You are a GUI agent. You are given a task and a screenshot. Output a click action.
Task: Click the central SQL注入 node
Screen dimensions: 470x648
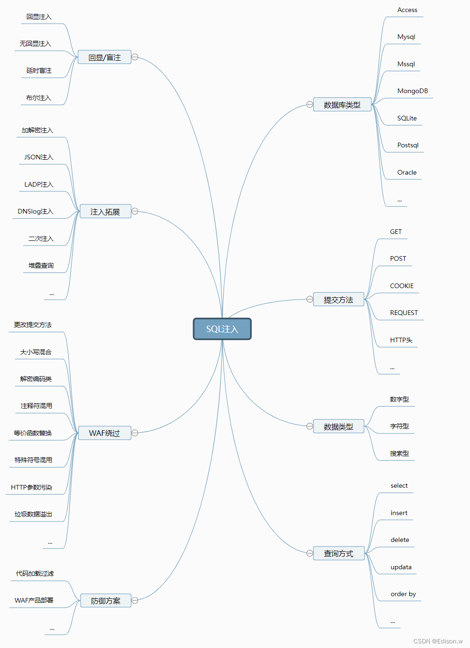click(222, 329)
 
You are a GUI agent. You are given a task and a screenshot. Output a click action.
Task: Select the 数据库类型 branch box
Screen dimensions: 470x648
click(342, 105)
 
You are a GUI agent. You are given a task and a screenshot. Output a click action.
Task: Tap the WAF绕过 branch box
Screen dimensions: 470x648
click(105, 433)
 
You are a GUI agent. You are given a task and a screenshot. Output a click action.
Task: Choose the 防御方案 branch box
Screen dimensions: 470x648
click(106, 601)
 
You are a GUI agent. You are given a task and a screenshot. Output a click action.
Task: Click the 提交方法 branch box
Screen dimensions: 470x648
click(338, 300)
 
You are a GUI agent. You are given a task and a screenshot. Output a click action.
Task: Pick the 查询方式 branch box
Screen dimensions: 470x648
click(338, 554)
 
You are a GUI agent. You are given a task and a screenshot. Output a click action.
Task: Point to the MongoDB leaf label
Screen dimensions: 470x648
click(413, 91)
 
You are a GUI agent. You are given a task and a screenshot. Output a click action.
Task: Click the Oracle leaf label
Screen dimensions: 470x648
click(407, 172)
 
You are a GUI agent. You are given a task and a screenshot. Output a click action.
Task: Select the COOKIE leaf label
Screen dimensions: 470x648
click(402, 286)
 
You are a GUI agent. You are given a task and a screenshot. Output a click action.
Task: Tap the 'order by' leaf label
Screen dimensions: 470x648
click(403, 594)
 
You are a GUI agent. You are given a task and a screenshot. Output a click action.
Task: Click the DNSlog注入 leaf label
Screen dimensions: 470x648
click(36, 211)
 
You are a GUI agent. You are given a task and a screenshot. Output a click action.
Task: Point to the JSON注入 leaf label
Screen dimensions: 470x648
click(39, 157)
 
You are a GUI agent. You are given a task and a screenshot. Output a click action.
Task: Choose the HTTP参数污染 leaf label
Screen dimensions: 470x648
click(31, 487)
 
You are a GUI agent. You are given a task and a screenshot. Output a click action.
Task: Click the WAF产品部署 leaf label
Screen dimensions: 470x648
click(34, 600)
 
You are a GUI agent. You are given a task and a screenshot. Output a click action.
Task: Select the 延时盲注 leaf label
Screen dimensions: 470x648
click(39, 70)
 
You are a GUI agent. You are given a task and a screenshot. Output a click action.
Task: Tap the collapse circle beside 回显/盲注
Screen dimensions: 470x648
click(135, 57)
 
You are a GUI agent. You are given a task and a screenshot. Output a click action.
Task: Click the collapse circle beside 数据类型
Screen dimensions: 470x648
click(310, 426)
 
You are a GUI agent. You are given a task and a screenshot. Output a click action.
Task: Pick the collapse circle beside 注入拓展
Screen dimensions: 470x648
click(135, 211)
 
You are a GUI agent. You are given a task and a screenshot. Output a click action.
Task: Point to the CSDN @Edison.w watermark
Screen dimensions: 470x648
click(438, 641)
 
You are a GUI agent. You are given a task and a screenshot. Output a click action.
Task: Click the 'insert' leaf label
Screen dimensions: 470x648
click(399, 513)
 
